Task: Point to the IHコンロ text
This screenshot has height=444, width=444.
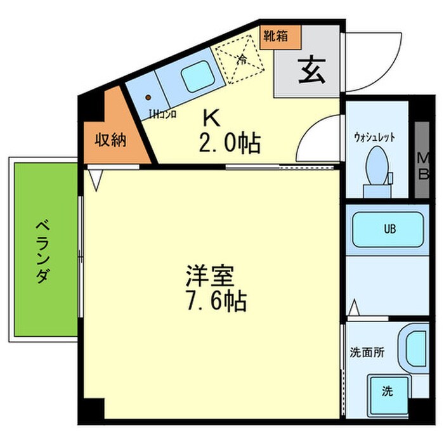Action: (x=162, y=115)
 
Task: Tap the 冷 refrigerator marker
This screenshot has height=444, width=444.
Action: (x=241, y=61)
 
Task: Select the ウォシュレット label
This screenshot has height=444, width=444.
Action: (x=375, y=135)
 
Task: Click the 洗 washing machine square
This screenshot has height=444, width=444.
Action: (x=386, y=391)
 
